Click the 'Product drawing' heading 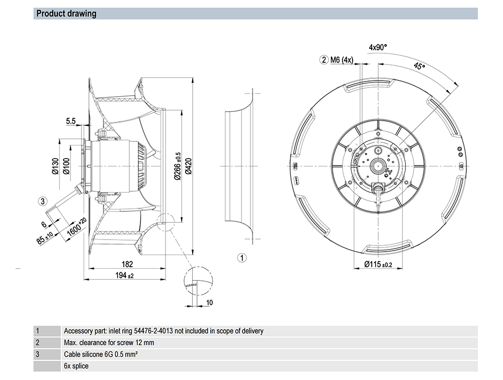point(66,14)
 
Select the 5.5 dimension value point(70,121)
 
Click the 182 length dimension point(127,264)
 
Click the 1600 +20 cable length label point(76,229)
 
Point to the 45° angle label point(419,67)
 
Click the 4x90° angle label point(378,47)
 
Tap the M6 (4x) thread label point(342,60)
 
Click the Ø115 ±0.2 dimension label point(378,265)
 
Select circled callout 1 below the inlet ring point(242,258)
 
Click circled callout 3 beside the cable point(43,201)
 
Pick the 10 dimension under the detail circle point(210,302)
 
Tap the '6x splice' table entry point(76,365)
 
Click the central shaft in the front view point(377,165)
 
